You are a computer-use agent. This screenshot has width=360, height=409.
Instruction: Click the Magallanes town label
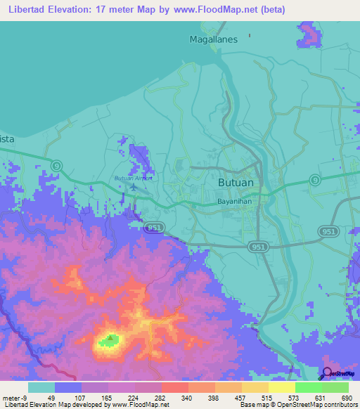[x=214, y=40]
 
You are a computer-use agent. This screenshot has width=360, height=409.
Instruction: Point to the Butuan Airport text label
[x=133, y=178]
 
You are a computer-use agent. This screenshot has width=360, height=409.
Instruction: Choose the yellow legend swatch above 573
[x=281, y=387]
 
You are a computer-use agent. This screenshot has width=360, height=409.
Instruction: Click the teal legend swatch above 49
[x=41, y=387]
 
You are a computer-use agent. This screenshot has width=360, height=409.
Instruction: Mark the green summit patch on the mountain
[x=109, y=340]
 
